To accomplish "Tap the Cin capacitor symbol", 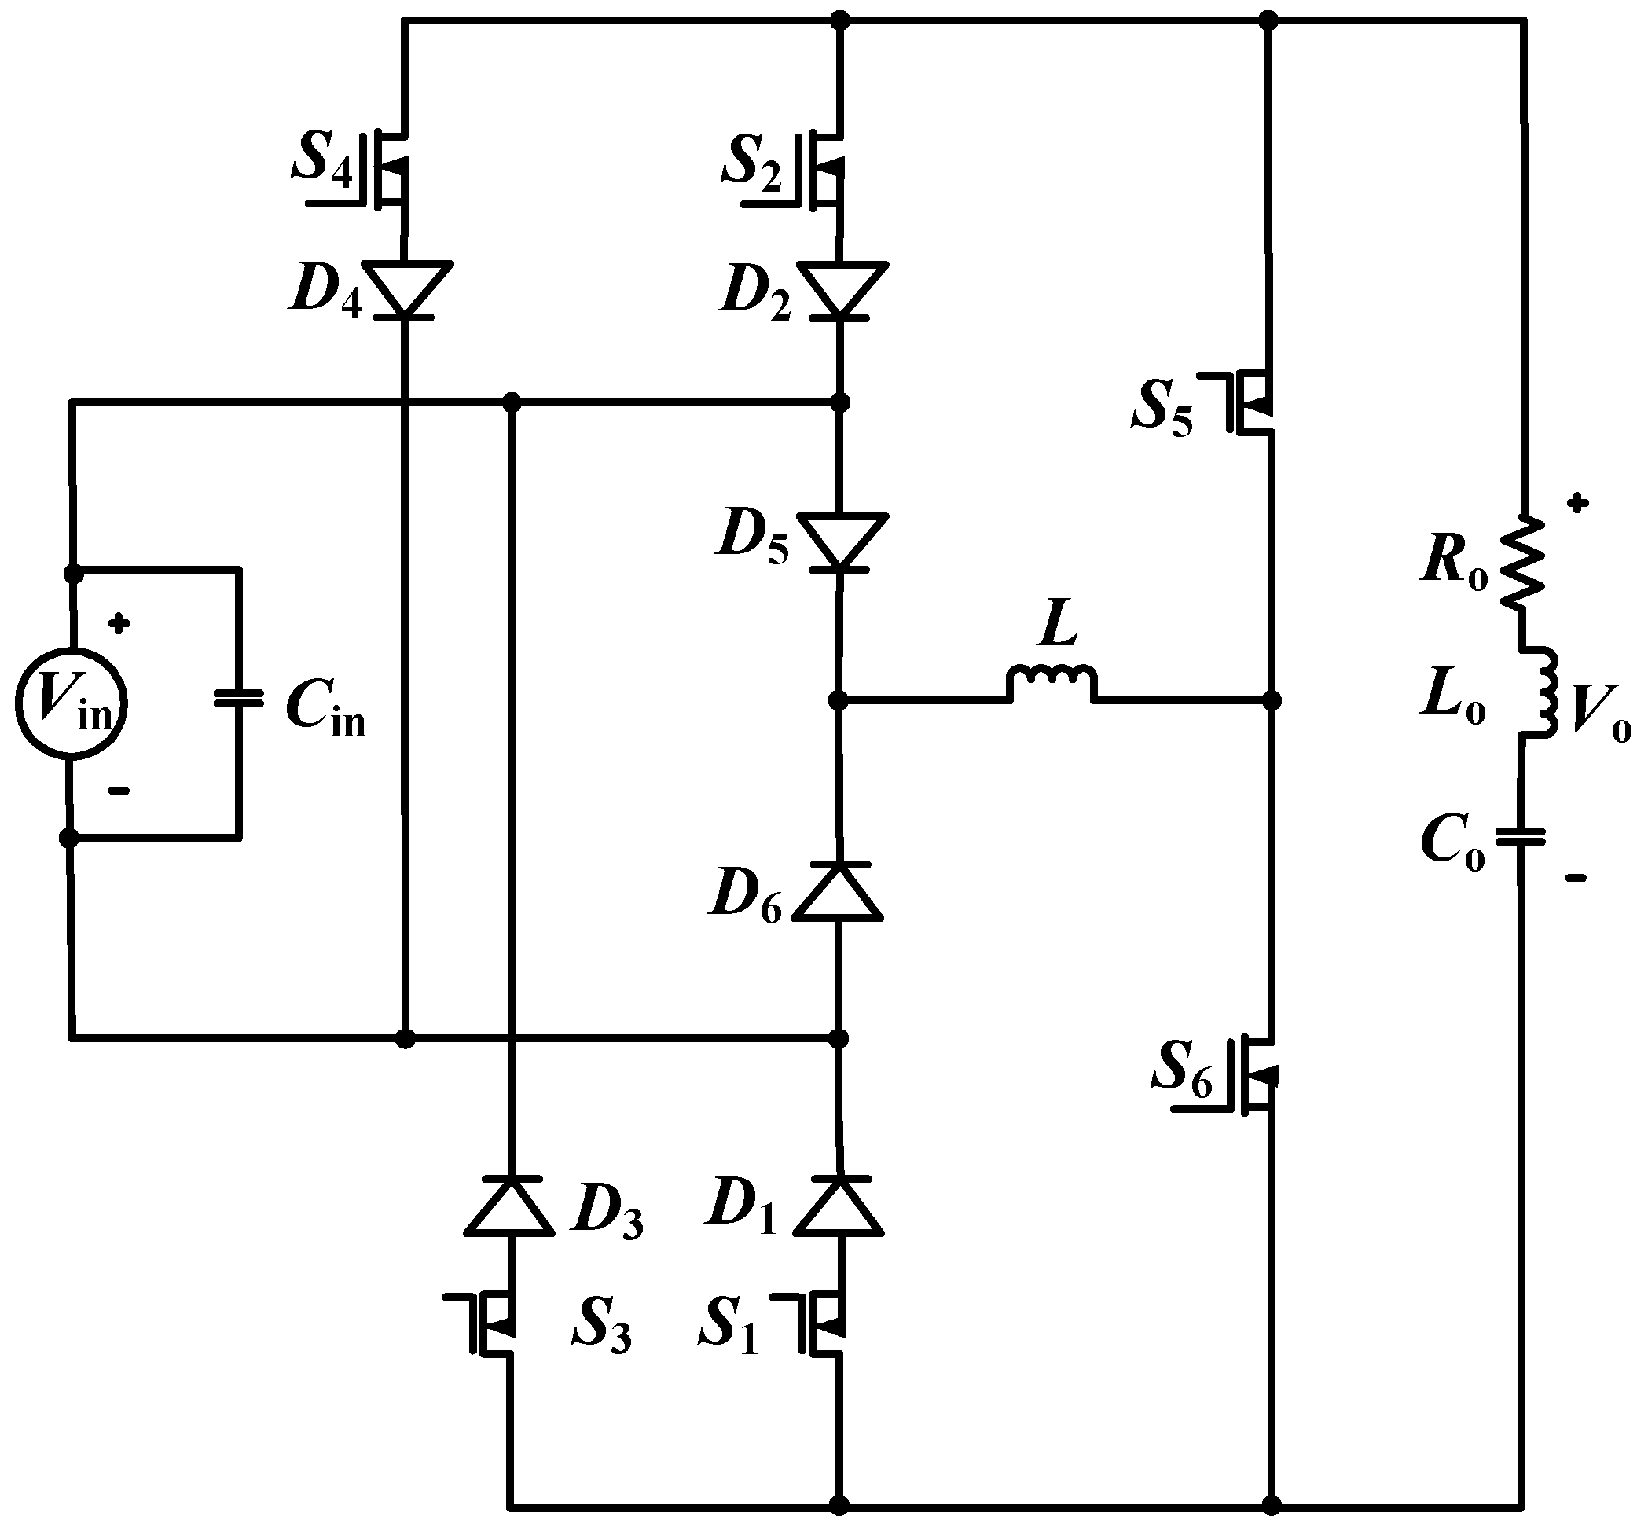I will [x=238, y=699].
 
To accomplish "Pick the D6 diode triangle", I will [x=838, y=890].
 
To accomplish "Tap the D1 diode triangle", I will [x=839, y=1206].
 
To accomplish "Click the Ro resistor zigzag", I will [x=1522, y=564].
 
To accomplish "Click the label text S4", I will [x=321, y=160].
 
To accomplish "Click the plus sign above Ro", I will [x=1577, y=502].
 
